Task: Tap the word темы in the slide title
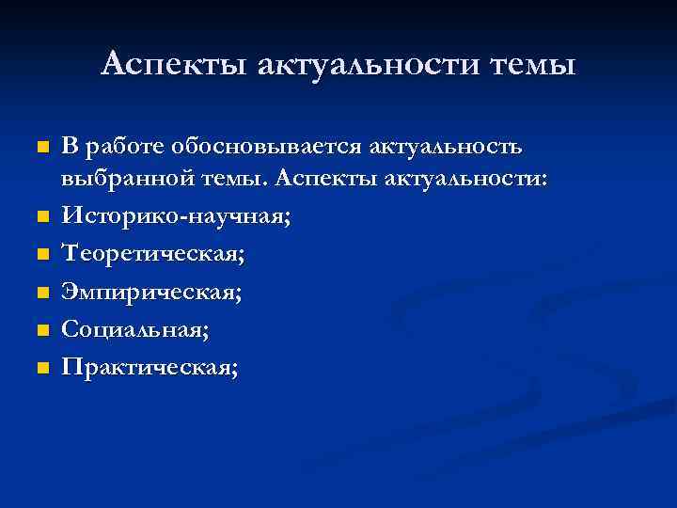click(533, 64)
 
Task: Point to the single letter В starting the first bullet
click(70, 148)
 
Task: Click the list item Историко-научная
click(176, 217)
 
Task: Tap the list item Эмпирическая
click(151, 293)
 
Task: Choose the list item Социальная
click(135, 330)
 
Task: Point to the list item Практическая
click(150, 368)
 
